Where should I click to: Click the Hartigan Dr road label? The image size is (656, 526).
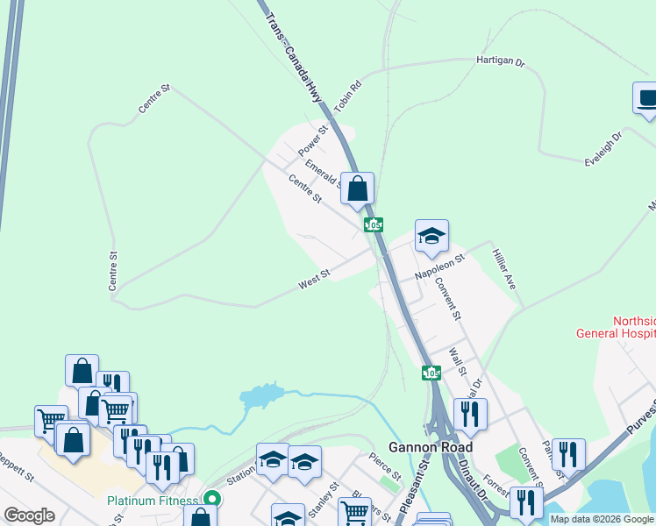(500, 63)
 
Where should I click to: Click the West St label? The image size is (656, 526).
(313, 280)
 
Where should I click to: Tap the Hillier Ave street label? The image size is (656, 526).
(503, 268)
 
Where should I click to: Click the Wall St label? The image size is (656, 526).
(456, 360)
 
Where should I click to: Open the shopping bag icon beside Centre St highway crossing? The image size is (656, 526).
(358, 188)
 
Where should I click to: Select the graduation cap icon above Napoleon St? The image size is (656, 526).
(431, 236)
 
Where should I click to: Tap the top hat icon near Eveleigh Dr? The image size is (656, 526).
(647, 98)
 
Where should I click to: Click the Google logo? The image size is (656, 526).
(29, 515)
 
